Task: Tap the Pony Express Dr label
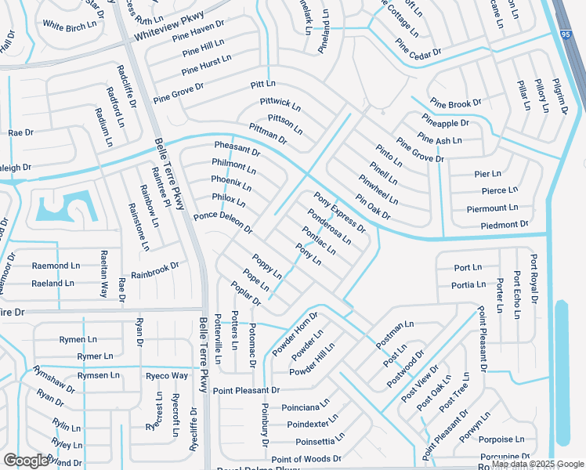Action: (339, 212)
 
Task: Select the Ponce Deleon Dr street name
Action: (222, 222)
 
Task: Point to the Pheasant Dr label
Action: (237, 149)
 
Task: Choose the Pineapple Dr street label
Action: (445, 122)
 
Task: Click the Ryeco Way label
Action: (167, 375)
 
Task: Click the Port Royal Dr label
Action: (534, 278)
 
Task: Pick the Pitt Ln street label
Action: (263, 83)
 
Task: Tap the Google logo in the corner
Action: (25, 460)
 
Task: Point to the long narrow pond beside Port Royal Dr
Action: (561, 372)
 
